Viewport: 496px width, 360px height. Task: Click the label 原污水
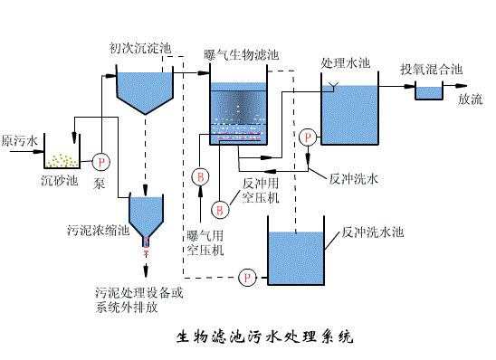[20, 141]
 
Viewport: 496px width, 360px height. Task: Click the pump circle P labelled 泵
[101, 161]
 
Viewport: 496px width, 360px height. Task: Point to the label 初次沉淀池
[139, 47]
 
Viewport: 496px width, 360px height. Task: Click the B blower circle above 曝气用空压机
[201, 175]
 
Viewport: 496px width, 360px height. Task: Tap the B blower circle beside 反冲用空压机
[218, 209]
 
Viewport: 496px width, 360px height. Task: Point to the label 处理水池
[346, 63]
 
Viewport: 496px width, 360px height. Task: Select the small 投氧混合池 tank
[427, 91]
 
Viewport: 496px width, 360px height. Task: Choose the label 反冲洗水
[355, 178]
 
